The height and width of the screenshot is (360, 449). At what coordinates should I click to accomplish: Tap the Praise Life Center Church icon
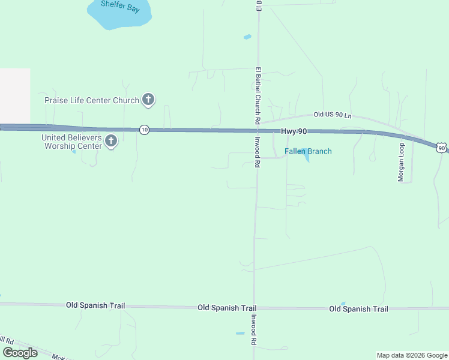coord(148,100)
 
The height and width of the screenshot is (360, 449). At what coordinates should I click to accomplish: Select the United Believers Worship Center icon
coord(110,142)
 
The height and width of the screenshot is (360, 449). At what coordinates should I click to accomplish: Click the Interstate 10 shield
coord(144,129)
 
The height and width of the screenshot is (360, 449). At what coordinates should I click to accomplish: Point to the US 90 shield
coord(442,148)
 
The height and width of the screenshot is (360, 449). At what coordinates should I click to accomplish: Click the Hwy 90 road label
coord(294,131)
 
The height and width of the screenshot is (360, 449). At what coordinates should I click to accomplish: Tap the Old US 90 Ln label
coord(332,115)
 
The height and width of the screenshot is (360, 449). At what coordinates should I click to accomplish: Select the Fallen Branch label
coord(307,151)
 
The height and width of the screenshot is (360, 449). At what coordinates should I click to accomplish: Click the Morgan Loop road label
coord(401,162)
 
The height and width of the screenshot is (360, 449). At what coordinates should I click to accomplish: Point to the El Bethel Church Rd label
coord(258,95)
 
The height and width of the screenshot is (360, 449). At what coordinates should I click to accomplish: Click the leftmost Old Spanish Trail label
coord(96,305)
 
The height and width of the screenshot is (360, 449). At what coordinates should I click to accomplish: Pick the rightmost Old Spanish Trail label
coord(358,309)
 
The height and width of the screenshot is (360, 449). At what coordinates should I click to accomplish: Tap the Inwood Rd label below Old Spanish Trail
coord(255,330)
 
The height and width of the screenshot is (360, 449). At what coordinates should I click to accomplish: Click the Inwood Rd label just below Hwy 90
coord(256,153)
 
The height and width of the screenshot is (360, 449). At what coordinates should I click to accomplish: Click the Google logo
coord(20,353)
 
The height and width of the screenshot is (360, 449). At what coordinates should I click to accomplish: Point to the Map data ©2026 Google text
coord(412,355)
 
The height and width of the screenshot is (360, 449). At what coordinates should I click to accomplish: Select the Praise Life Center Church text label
coord(92,100)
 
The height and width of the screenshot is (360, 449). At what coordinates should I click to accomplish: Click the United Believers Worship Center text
coord(71,142)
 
